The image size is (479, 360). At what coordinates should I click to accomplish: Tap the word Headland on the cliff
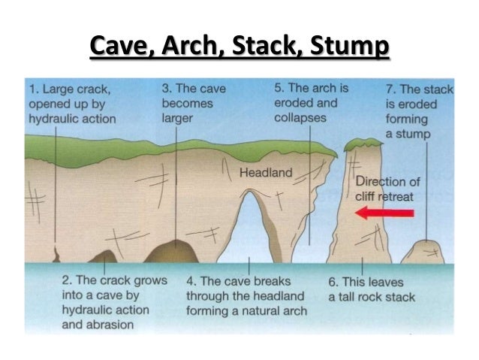point(265,173)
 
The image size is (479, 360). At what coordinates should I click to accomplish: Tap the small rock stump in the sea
point(425,253)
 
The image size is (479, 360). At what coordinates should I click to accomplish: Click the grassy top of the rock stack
point(362,142)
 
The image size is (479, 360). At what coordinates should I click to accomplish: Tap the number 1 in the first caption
point(32,89)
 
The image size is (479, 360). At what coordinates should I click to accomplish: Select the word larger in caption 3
point(179,118)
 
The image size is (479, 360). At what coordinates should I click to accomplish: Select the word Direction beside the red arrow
point(381,181)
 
